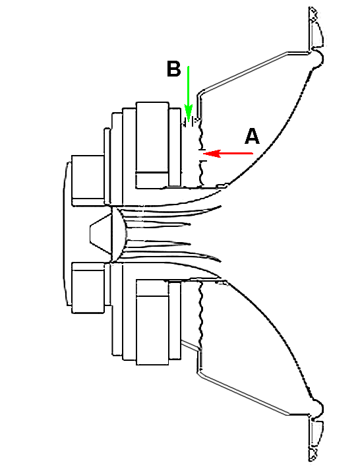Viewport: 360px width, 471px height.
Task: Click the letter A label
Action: point(252,137)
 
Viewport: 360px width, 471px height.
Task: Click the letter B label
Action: point(174,69)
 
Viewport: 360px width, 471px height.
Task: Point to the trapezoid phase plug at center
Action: point(100,233)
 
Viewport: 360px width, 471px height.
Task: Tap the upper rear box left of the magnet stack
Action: point(88,181)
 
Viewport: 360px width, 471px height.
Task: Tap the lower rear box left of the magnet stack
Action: point(88,288)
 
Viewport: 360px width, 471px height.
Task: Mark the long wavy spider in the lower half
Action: point(200,315)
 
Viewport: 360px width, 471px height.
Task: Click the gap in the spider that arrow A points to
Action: point(202,155)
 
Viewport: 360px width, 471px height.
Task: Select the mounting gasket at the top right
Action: point(316,28)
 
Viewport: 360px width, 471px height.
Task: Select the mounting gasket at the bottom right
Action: point(316,441)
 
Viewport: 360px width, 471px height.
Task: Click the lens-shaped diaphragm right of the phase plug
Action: point(119,234)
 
